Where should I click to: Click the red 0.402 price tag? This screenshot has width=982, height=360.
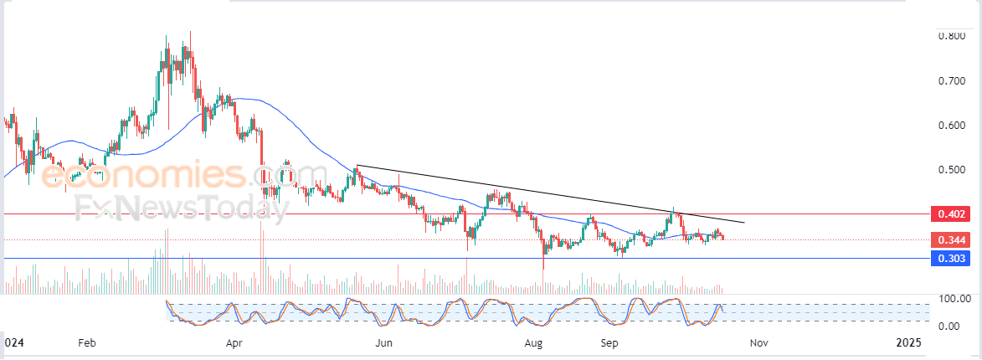point(951,214)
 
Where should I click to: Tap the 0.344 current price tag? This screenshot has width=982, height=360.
point(951,239)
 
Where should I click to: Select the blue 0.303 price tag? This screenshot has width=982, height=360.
point(951,258)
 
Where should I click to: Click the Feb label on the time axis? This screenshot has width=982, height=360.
point(86,343)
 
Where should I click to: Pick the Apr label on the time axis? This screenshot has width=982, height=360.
point(234,343)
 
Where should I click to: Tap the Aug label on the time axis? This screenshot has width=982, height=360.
point(533,343)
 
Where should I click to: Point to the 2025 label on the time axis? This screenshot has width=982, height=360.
point(908,343)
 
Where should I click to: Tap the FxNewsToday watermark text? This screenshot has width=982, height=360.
point(183,208)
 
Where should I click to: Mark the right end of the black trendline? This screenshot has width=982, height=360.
point(744,222)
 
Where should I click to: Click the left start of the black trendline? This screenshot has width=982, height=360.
point(357,165)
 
